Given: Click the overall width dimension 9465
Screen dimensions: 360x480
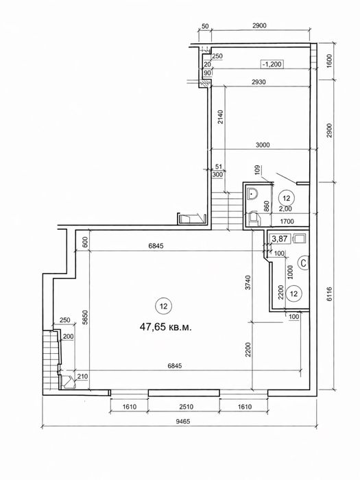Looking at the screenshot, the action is coord(183,421).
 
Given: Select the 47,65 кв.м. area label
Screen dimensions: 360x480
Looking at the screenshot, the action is coord(166,327).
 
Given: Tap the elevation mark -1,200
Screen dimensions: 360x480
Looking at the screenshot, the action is coord(272,64).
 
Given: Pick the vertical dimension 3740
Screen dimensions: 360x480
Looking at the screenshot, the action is coord(248,283).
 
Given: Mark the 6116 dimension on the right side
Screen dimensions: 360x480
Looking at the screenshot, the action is coord(329,294).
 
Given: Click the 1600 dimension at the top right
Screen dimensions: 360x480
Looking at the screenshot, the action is coord(329,60).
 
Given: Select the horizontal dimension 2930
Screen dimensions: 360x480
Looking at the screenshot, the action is coord(259,82).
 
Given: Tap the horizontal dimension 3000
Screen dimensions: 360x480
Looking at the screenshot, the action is coord(263,145).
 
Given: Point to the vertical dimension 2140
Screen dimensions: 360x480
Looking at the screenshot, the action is coord(220,117).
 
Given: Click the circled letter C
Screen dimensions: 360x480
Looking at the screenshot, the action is coord(303,263).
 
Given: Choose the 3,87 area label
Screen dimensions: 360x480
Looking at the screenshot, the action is coord(280,239).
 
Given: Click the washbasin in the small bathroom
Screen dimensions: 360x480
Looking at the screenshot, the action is coord(252,193).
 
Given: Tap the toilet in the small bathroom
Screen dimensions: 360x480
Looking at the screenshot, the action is coord(254,218).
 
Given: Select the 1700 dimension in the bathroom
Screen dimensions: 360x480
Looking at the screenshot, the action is coord(287,221).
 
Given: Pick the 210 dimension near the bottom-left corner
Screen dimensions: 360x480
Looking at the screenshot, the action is coord(83,376).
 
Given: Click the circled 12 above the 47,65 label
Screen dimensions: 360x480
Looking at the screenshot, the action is coord(163,306).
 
